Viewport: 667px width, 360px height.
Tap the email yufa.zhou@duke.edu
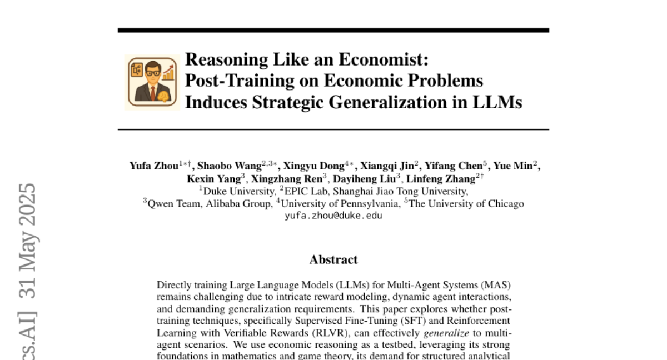tap(333, 216)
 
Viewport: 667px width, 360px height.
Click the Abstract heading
tap(333, 259)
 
